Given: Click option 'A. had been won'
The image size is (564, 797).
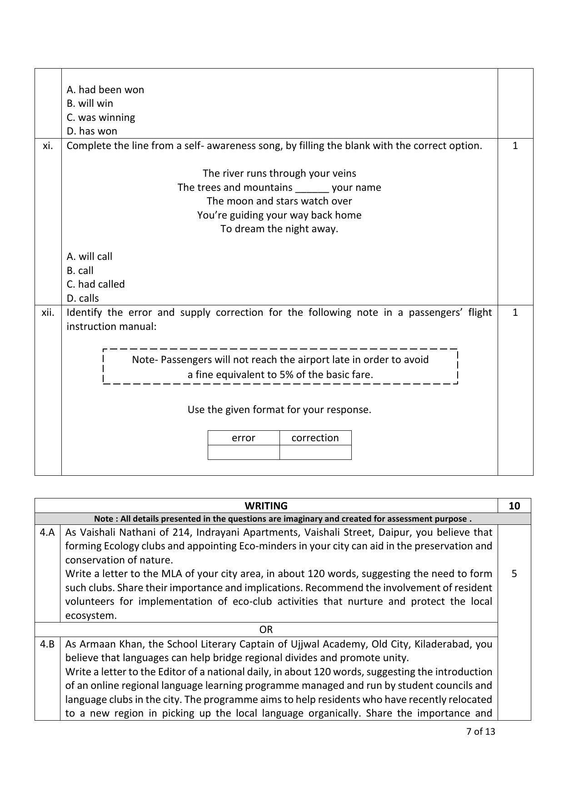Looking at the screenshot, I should pyautogui.click(x=105, y=90).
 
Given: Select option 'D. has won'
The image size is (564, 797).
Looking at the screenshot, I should pyautogui.click(x=92, y=131).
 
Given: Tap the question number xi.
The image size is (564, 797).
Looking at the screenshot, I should pyautogui.click(x=48, y=146).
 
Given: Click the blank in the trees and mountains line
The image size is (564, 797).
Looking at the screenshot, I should pyautogui.click(x=312, y=188).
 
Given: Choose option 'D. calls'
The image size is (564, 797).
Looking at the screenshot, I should pyautogui.click(x=83, y=298).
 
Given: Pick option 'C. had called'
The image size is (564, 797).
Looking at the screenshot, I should pyautogui.click(x=95, y=284).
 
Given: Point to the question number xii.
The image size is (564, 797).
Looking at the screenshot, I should pyautogui.click(x=48, y=313).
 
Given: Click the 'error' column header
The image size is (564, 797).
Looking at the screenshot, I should pyautogui.click(x=243, y=438).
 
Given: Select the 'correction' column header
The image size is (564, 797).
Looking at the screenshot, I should pyautogui.click(x=315, y=438).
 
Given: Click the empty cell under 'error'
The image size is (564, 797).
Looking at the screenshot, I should pyautogui.click(x=243, y=452).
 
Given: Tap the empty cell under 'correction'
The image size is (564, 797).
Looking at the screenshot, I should pyautogui.click(x=315, y=452).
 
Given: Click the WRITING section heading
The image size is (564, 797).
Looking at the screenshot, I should pyautogui.click(x=266, y=506).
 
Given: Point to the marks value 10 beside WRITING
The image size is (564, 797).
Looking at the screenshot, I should pyautogui.click(x=514, y=506).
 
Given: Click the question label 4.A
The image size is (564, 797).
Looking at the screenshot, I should pyautogui.click(x=47, y=532).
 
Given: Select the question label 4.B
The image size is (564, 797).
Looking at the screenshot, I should pyautogui.click(x=47, y=644).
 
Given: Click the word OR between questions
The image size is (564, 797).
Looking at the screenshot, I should pyautogui.click(x=266, y=629).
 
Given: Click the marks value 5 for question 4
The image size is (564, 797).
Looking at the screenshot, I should pyautogui.click(x=514, y=573).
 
